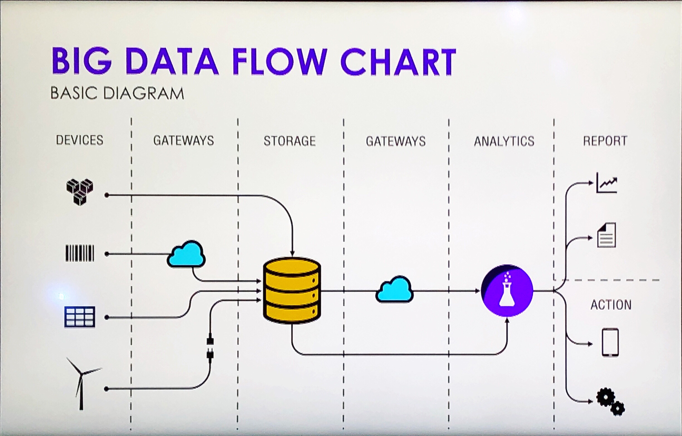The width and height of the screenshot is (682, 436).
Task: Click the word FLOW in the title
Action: [279, 61]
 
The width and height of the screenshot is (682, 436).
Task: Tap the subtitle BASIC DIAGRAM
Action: [117, 93]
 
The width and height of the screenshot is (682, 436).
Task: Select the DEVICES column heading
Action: [80, 140]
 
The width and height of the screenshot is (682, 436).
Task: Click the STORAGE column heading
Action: [290, 141]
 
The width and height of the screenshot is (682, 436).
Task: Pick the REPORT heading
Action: [605, 141]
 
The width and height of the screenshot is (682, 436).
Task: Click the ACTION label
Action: [611, 305]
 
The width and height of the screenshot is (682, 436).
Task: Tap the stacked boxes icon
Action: [80, 192]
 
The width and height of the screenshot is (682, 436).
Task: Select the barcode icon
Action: [80, 253]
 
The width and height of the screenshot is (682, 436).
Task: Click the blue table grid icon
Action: [80, 317]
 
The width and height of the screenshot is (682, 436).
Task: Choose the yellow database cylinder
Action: [292, 290]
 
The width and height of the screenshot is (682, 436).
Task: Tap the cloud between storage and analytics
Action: [394, 290]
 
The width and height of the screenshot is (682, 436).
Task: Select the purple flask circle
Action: [507, 290]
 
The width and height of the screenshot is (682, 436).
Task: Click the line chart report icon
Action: [607, 183]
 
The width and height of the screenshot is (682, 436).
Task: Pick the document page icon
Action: [606, 235]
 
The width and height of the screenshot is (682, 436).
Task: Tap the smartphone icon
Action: [610, 343]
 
